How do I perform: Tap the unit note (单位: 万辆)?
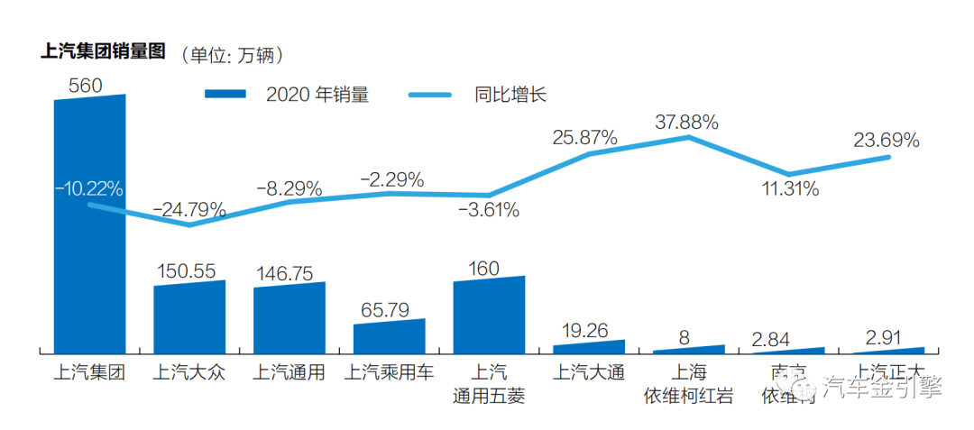pos(233,55)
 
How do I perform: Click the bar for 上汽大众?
pos(189,317)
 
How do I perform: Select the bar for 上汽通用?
pos(289,317)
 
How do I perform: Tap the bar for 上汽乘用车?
pos(389,336)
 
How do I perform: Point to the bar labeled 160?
pos(489,315)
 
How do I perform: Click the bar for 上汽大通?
pos(588,346)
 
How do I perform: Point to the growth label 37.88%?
pos(687,121)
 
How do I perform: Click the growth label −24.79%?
pos(189,210)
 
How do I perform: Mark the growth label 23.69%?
pos(887,140)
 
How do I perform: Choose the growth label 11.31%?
pos(788,189)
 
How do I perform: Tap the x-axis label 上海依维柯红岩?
pos(688,384)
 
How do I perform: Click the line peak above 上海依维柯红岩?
pos(689,137)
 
